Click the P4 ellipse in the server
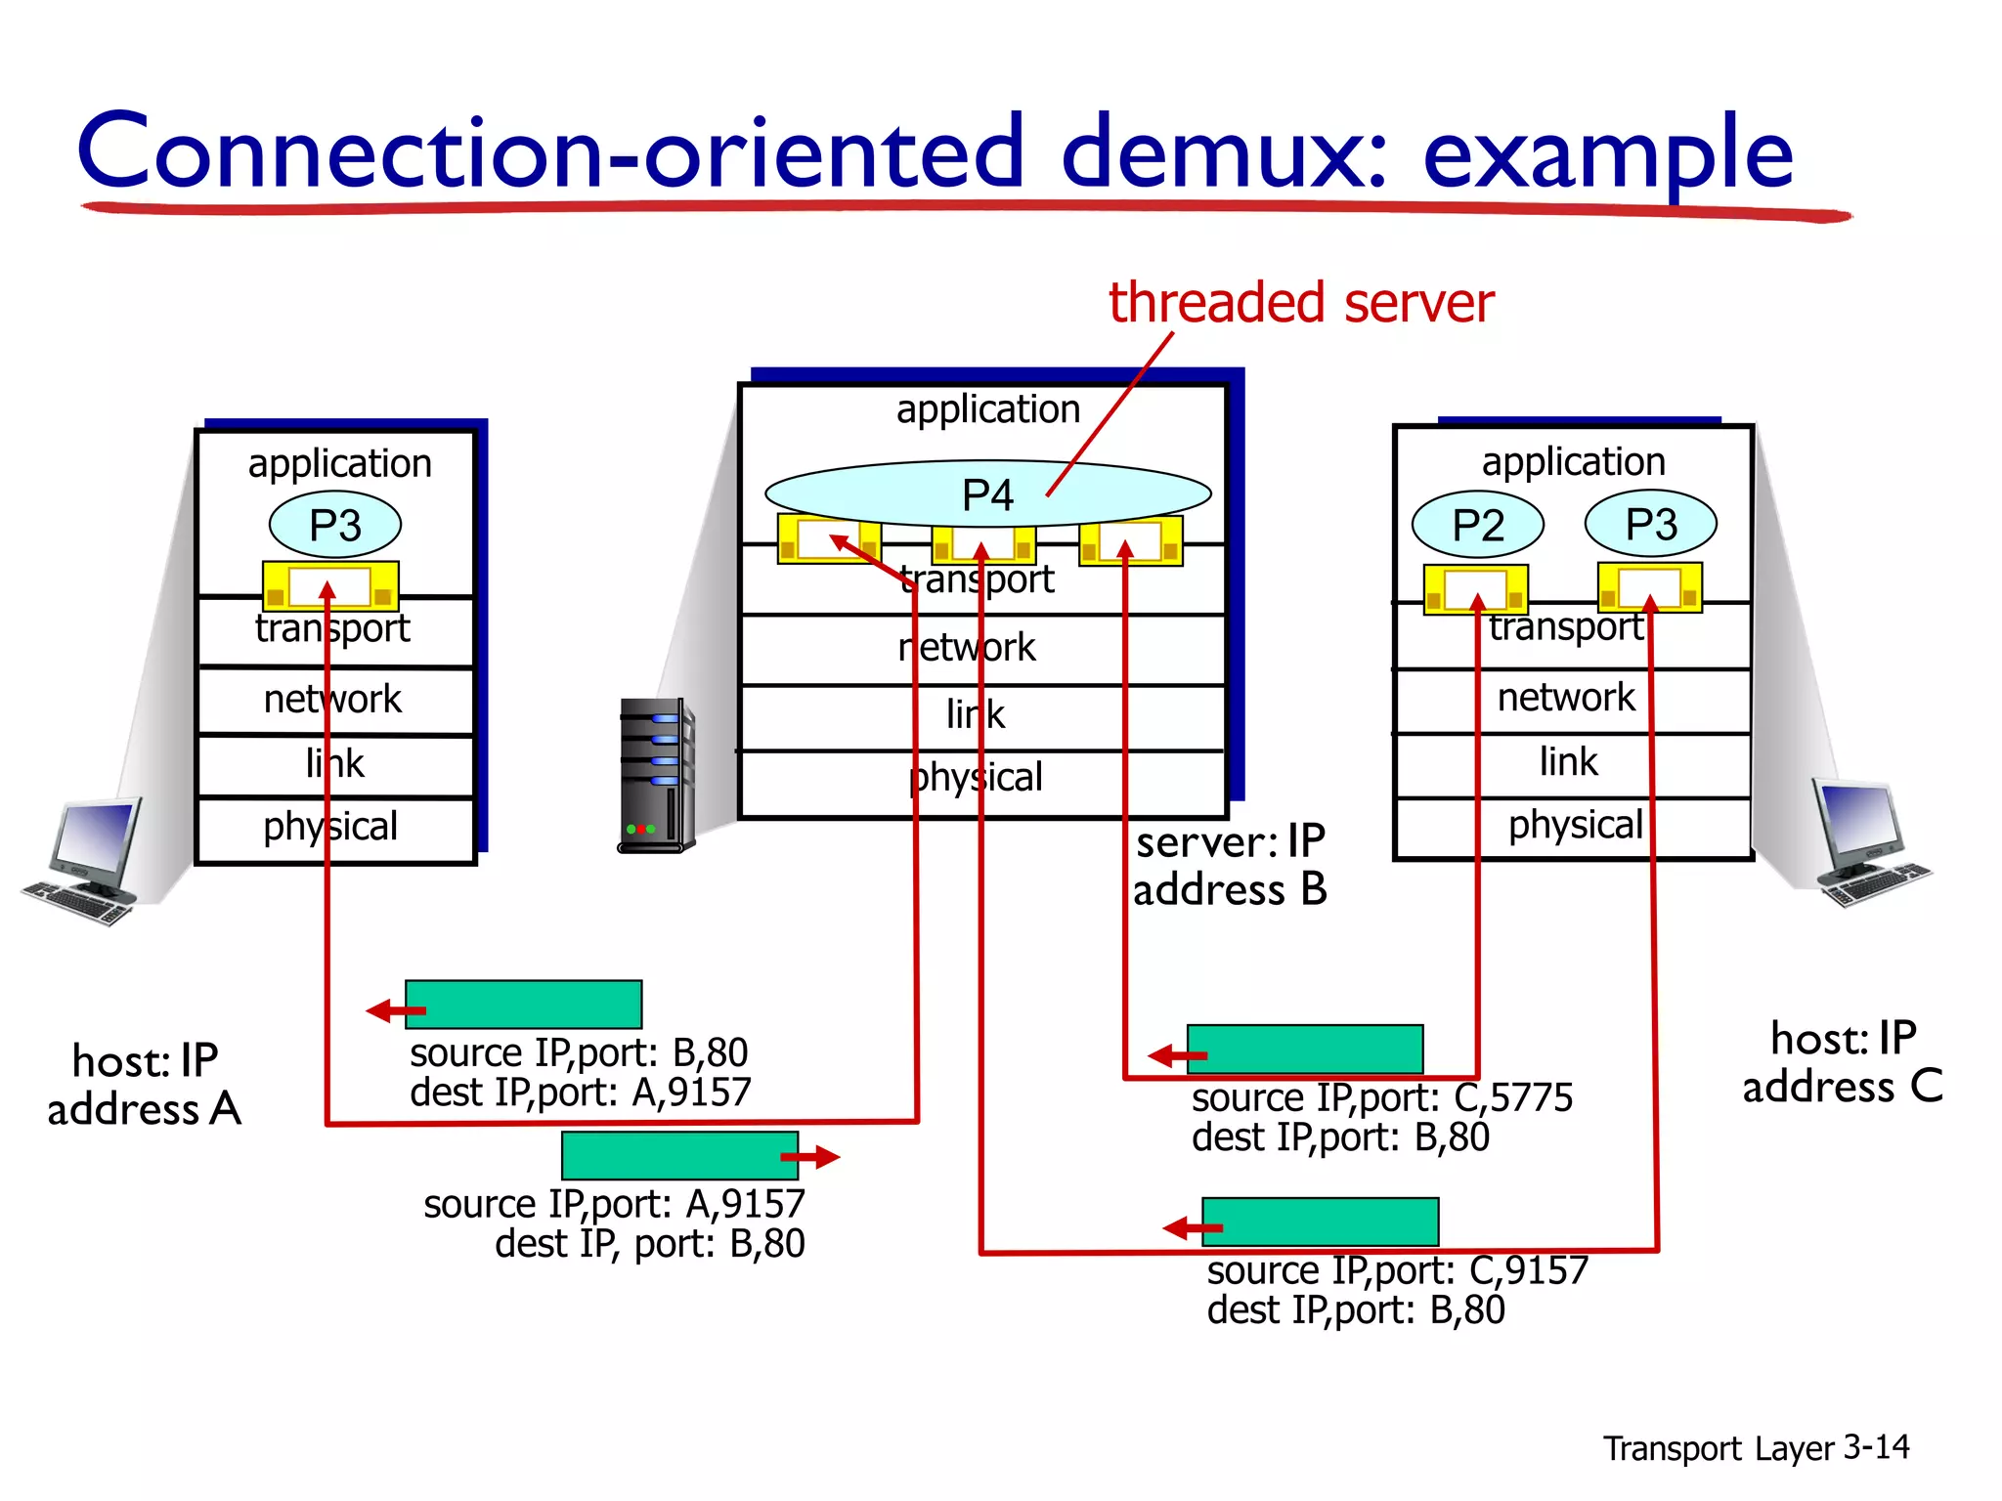coord(987,494)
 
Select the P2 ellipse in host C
coord(1477,525)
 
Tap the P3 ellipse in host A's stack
coord(334,526)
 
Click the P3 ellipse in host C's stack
coord(1650,524)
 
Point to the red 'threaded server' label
coord(1300,302)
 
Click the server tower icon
coord(657,775)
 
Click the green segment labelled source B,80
coord(523,1005)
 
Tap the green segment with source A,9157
coord(679,1156)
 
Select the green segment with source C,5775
coord(1305,1050)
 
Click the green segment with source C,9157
coord(1320,1222)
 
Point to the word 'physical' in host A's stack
coord(330,827)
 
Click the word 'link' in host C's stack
coord(1568,761)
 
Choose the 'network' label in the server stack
coord(967,647)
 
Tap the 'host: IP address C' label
coord(1843,1062)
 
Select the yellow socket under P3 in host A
coord(330,586)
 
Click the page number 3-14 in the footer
coord(1875,1446)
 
